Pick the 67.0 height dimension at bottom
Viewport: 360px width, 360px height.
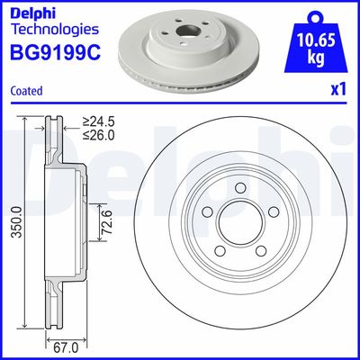(x=61, y=346)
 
